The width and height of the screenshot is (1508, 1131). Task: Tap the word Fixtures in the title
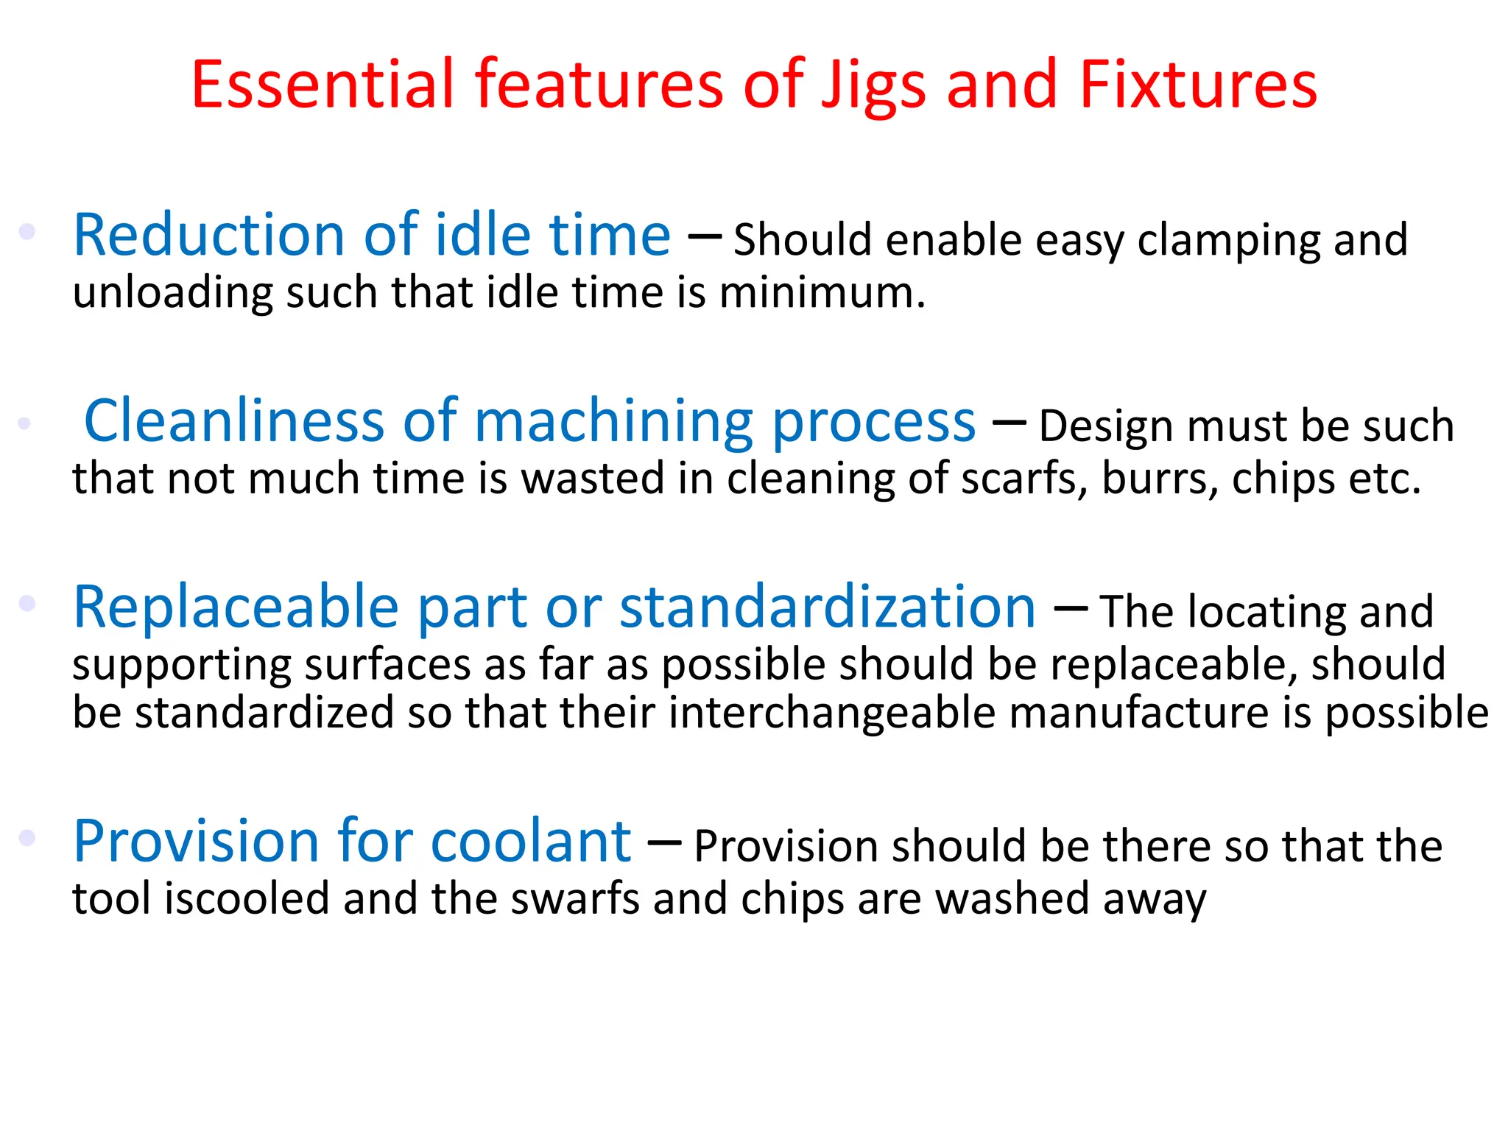coord(1198,85)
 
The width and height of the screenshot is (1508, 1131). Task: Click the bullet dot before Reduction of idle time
coord(27,231)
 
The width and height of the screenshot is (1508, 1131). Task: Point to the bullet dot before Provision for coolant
coord(27,837)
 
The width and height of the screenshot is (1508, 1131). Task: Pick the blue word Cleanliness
coord(234,421)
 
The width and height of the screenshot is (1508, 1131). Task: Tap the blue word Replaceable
coord(236,607)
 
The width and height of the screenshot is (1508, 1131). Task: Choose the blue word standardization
coord(828,607)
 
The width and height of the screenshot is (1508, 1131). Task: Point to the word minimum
coord(822,293)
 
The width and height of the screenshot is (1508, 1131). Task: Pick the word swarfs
coord(575,899)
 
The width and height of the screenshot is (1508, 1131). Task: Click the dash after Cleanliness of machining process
coord(1009,423)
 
